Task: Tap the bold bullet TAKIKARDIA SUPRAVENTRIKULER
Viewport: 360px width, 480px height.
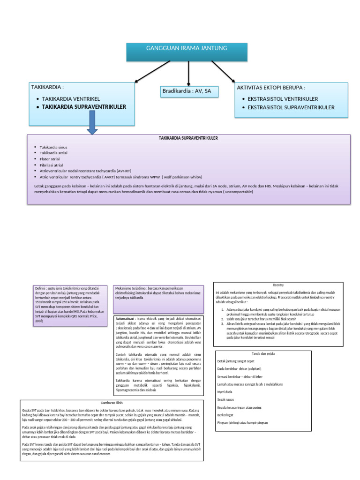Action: point(84,107)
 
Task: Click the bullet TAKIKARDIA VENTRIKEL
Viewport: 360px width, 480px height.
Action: point(72,99)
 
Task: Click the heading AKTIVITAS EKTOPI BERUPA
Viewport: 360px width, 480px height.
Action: point(271,88)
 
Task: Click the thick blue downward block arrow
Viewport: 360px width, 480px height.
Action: point(92,123)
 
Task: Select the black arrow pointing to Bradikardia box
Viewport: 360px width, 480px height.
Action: point(188,74)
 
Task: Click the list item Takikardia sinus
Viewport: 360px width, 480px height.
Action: point(53,147)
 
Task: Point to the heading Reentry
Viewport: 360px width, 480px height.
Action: point(278,285)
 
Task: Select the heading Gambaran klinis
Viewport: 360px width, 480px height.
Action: point(112,403)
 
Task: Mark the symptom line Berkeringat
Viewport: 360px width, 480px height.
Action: point(227,415)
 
